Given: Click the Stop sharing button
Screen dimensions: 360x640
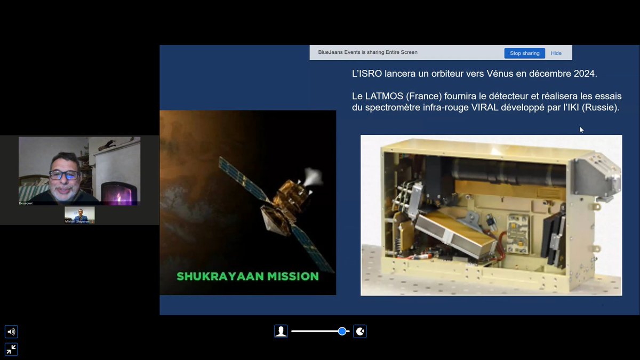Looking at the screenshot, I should pyautogui.click(x=524, y=53).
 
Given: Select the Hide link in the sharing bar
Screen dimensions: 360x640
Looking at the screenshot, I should pyautogui.click(x=556, y=53).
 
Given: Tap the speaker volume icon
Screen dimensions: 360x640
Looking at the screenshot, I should pyautogui.click(x=11, y=332).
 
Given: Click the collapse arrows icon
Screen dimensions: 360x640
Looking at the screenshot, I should pyautogui.click(x=11, y=349).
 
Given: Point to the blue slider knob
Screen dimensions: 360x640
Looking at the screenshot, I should pyautogui.click(x=342, y=331).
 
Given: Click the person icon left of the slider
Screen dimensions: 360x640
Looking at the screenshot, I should pyautogui.click(x=281, y=331).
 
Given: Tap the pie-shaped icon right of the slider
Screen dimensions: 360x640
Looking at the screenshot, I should pyautogui.click(x=360, y=331).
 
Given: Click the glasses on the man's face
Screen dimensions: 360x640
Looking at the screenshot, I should pyautogui.click(x=64, y=174).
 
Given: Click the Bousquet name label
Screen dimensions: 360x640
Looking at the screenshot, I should pyautogui.click(x=26, y=203).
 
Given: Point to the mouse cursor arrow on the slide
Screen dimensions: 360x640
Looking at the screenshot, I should pyautogui.click(x=581, y=129).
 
